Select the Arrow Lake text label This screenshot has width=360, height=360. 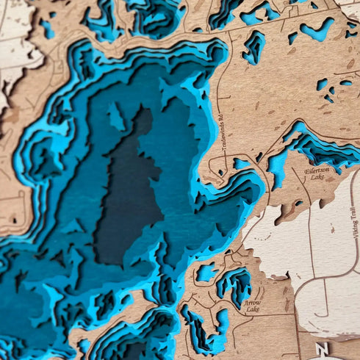[253, 306]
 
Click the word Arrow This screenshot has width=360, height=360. [252, 303]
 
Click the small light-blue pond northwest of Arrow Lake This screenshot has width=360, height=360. [207, 273]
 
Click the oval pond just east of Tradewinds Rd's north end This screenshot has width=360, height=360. [253, 48]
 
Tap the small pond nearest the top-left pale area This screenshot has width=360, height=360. [48, 29]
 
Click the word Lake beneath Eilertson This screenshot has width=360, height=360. [317, 178]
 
